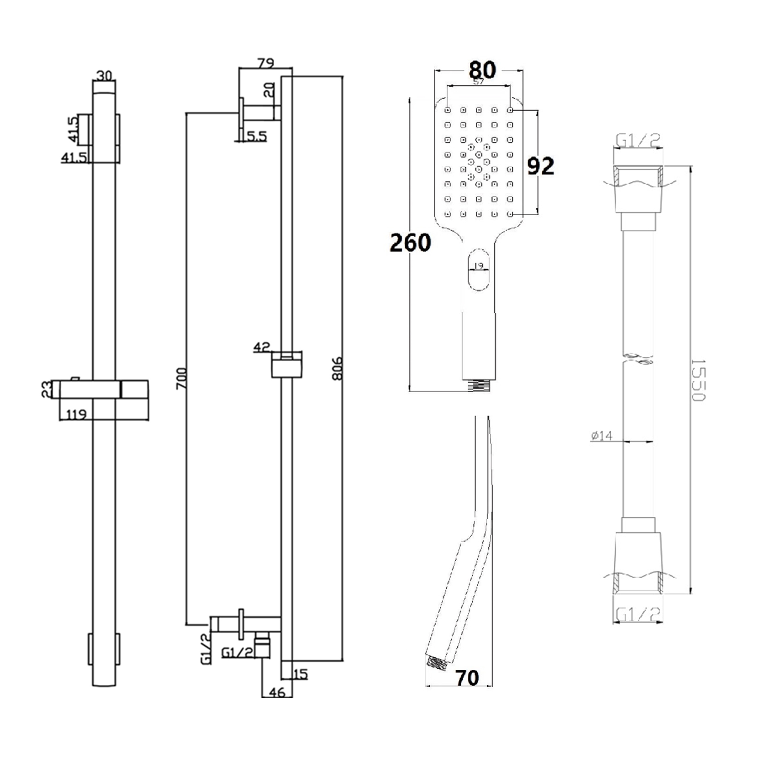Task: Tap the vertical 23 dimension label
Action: pos(47,389)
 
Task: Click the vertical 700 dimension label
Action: pos(181,379)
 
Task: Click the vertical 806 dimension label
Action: pos(338,368)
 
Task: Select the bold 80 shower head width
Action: pos(482,70)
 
